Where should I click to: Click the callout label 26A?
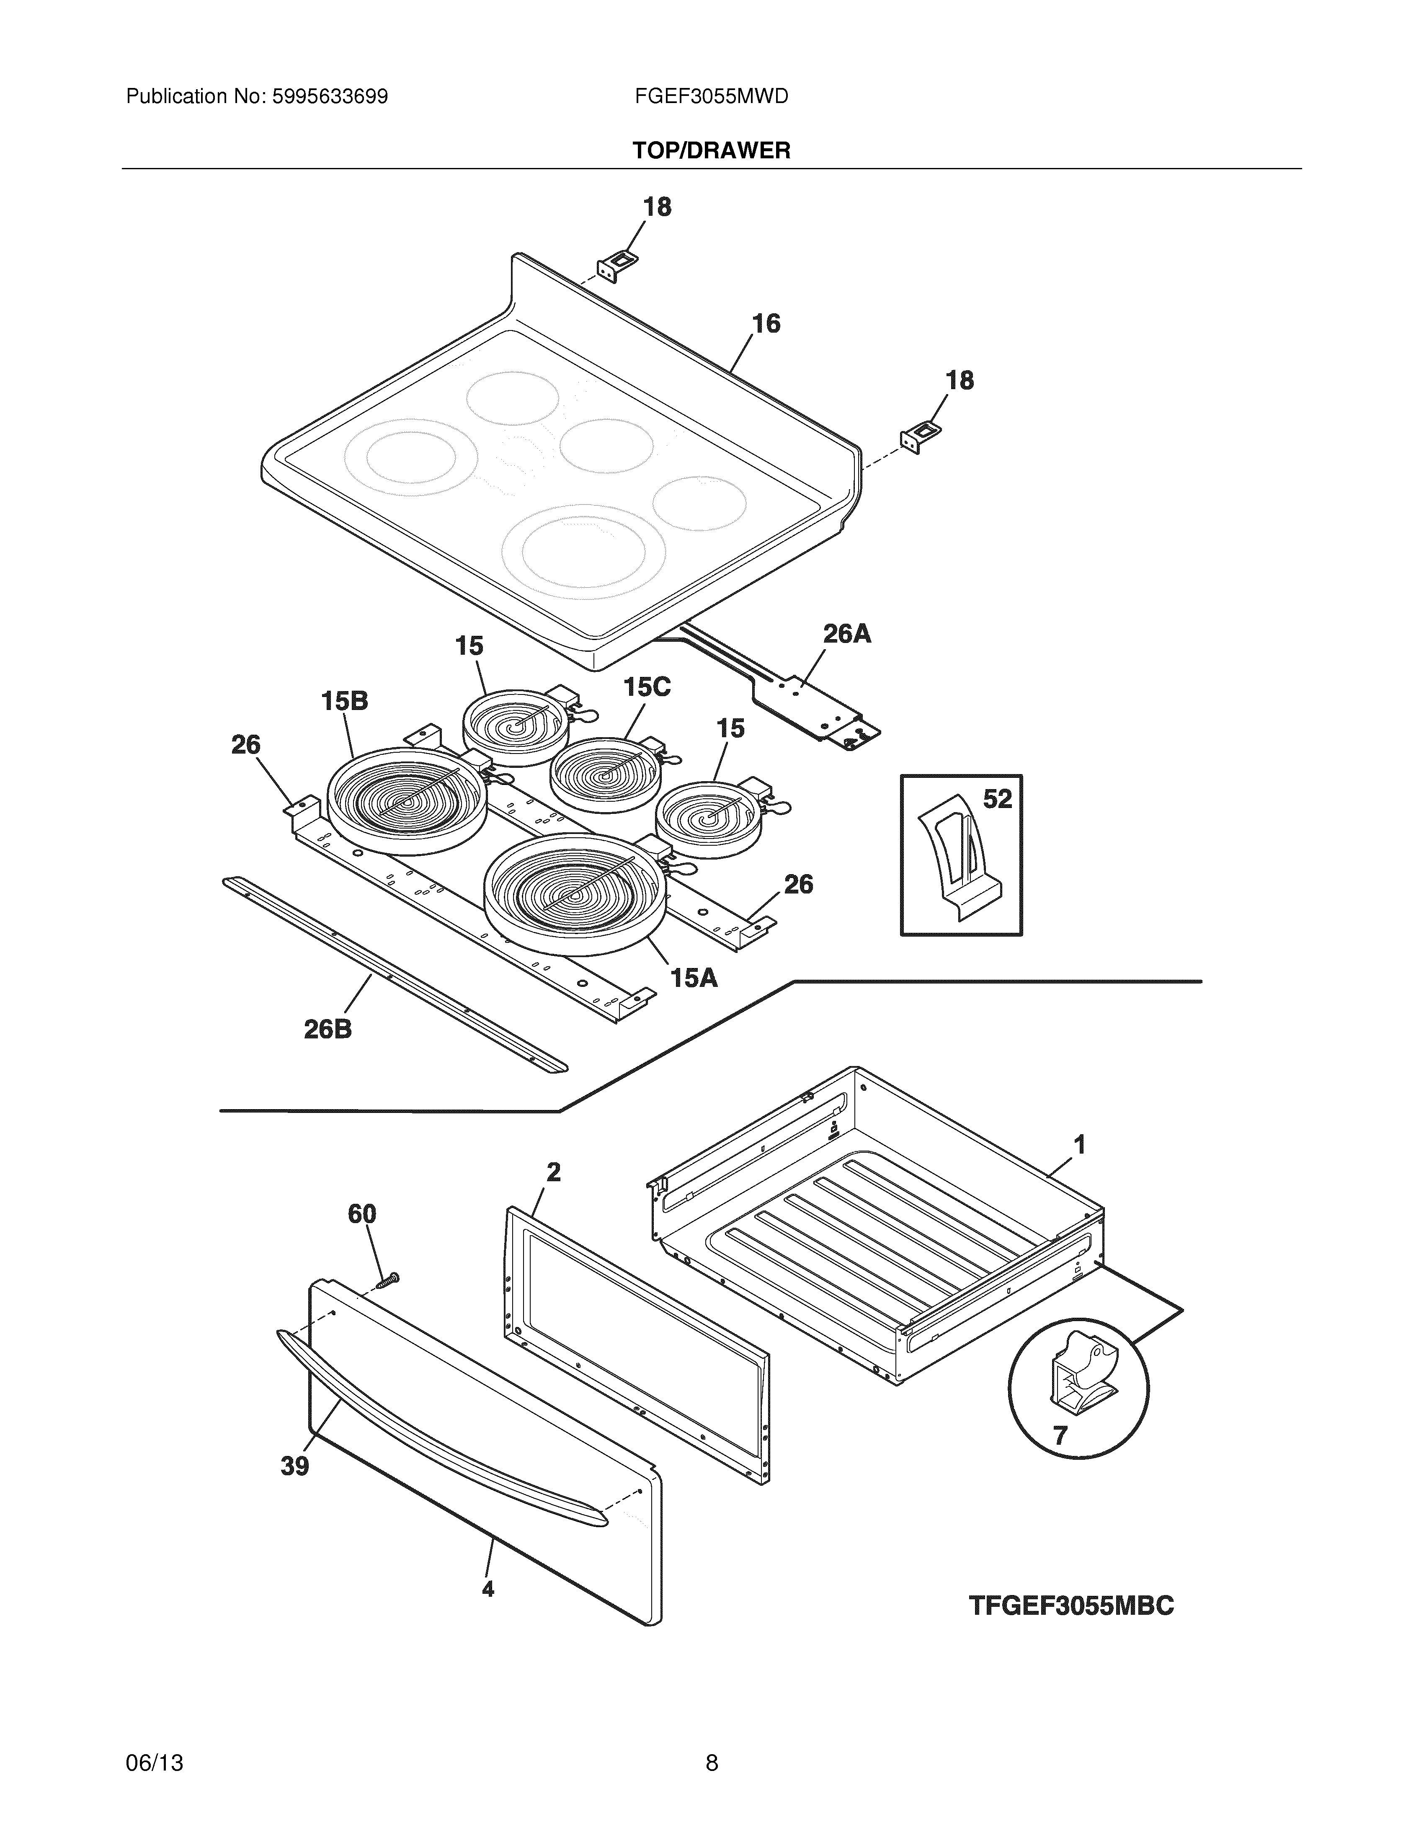[846, 634]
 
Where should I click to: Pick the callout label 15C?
[647, 688]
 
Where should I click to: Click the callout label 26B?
[328, 1030]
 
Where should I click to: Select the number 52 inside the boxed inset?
[997, 798]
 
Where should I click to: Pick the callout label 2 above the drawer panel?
[553, 1172]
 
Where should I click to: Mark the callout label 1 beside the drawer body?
[1079, 1145]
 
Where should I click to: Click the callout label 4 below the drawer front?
[488, 1589]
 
